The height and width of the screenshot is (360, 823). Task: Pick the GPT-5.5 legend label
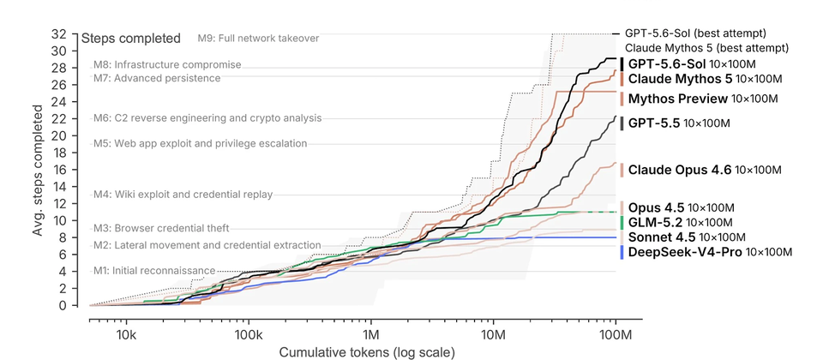[x=679, y=123]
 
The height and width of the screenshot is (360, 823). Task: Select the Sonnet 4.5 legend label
[x=687, y=237]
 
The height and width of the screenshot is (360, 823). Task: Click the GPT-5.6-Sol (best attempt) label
[x=695, y=33]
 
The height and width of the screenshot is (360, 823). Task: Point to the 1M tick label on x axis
[x=371, y=335]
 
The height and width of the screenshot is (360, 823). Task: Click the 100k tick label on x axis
[x=249, y=335]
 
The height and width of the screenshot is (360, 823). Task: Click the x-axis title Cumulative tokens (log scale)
[x=367, y=352]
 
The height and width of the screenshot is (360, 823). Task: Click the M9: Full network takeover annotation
[x=258, y=39]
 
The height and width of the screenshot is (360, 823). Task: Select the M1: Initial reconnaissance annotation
[x=154, y=271]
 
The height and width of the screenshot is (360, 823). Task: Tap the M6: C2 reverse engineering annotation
[x=207, y=118]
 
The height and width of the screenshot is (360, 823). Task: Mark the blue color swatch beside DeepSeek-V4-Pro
[x=622, y=252]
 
